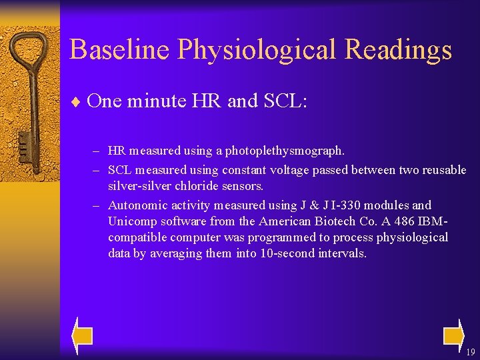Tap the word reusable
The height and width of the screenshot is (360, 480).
click(442, 170)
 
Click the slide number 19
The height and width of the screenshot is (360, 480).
click(470, 352)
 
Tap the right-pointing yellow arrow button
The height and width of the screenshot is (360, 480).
click(453, 335)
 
